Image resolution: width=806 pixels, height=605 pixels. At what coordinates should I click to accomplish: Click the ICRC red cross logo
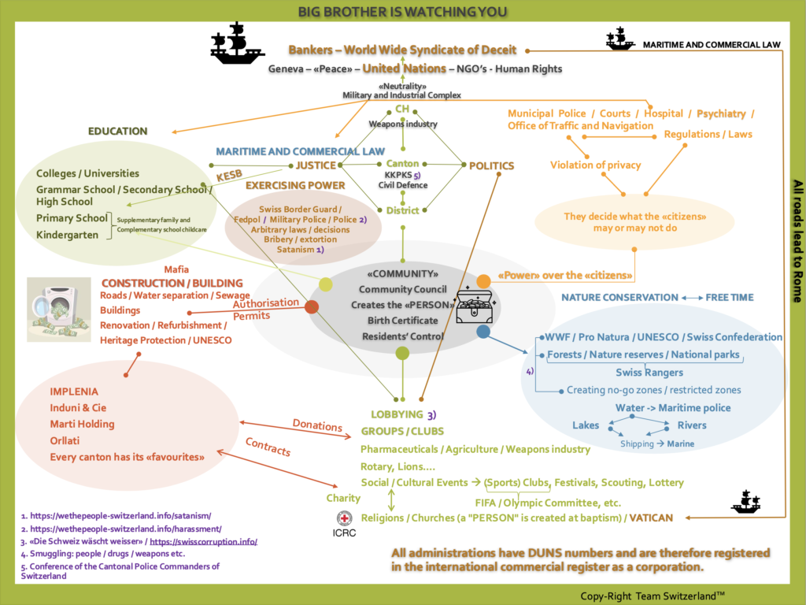point(344,518)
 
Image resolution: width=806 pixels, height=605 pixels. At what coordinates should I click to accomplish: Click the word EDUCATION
point(117,131)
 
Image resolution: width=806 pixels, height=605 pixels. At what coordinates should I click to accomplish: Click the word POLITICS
point(491,165)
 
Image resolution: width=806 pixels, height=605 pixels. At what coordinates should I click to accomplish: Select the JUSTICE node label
point(316,165)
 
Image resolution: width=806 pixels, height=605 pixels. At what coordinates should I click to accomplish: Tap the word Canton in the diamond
point(402,164)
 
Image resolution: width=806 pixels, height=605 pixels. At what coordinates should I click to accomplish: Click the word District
point(402,210)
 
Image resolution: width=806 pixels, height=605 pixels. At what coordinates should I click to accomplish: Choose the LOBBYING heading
point(397,414)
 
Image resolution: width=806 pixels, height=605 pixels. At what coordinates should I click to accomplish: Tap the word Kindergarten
point(68,235)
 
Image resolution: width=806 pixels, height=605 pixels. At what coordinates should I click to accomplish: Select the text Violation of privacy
point(595,165)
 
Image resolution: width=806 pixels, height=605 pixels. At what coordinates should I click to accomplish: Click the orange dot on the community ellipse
point(483,281)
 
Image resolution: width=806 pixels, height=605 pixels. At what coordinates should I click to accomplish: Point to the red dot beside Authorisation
point(312,307)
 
